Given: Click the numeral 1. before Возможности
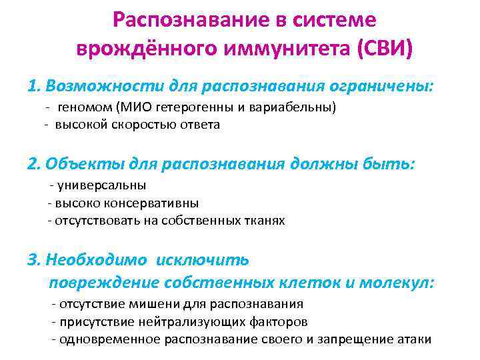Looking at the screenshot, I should pos(35,86).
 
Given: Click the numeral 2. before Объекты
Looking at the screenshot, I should pos(35,163).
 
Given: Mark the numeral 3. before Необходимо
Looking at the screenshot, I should pos(35,259).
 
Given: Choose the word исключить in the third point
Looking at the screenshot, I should pos(208,259).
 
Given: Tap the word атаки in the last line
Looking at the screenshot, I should pos(415,339).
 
